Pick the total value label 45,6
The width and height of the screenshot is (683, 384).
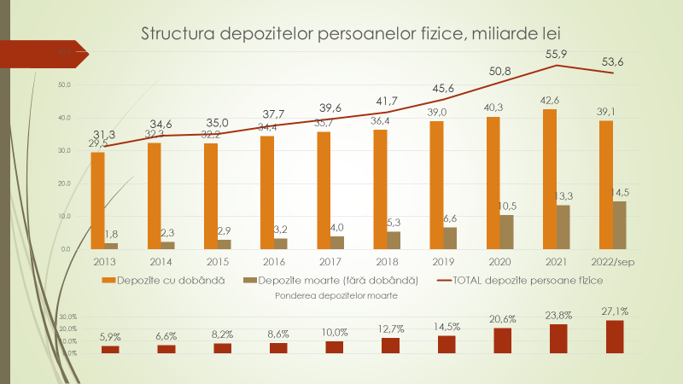443,89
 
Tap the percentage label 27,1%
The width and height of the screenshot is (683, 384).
615,312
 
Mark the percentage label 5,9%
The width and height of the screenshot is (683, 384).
110,336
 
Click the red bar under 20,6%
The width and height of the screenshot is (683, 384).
503,340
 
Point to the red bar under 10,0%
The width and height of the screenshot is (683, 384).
335,346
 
